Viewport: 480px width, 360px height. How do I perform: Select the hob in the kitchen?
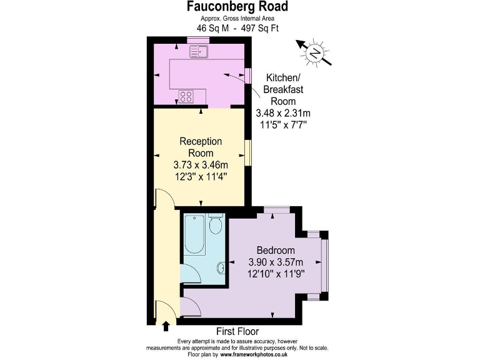(x=187, y=96)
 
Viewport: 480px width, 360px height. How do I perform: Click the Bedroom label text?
(x=271, y=251)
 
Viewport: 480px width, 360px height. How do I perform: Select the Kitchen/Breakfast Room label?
(x=283, y=89)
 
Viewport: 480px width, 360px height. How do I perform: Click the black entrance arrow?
(x=166, y=326)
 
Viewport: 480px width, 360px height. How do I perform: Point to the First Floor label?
(x=237, y=331)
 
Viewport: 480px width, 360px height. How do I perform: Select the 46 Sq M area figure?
(x=210, y=28)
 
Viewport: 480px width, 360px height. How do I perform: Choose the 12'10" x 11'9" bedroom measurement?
(x=276, y=274)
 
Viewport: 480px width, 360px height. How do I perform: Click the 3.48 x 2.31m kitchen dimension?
(x=283, y=113)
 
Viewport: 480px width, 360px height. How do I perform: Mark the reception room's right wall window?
(x=248, y=153)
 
